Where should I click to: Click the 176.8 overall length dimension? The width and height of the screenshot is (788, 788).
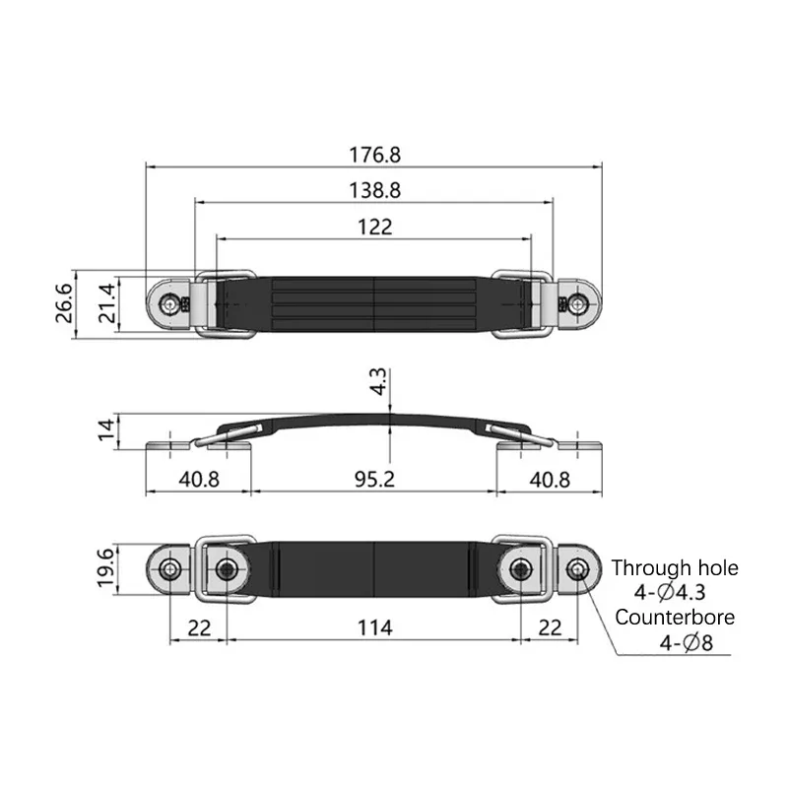click(375, 155)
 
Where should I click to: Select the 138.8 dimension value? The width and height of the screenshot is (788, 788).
click(375, 190)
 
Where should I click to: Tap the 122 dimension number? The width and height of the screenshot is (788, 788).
click(375, 228)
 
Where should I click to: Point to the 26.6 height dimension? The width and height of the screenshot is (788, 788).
click(64, 303)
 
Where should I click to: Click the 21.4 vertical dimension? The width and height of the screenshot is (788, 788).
click(107, 303)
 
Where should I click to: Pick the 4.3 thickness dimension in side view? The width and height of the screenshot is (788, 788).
click(378, 381)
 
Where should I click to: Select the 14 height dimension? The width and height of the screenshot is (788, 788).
click(106, 430)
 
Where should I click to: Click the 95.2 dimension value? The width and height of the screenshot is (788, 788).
click(375, 480)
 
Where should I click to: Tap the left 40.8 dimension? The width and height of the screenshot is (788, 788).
click(199, 480)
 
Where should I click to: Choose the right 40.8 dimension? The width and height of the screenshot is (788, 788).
click(550, 480)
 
